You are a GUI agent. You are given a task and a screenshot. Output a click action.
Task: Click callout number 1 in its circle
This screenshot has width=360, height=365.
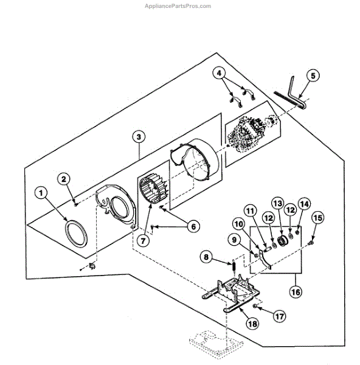(41, 193)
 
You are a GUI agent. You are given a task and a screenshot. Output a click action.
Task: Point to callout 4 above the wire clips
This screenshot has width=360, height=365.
(218, 74)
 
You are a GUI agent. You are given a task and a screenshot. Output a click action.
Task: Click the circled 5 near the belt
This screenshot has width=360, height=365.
(313, 75)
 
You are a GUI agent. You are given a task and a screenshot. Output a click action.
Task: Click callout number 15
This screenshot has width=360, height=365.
(317, 217)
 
